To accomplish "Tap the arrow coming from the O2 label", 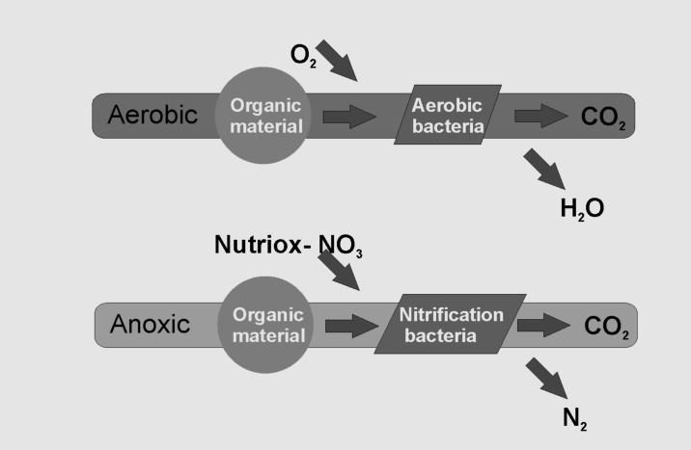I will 336,61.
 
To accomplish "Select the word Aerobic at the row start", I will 152,115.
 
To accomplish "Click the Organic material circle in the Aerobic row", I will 265,115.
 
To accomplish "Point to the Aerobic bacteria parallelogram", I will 447,116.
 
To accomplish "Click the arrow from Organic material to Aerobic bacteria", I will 349,117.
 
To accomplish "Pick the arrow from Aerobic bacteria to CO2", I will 540,116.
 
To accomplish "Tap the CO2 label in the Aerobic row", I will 605,118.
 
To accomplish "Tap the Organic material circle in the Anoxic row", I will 267,325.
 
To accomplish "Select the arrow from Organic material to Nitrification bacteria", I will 351,327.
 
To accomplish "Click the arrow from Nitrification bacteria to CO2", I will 543,327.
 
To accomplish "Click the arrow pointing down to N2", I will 547,376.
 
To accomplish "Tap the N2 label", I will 575,418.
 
